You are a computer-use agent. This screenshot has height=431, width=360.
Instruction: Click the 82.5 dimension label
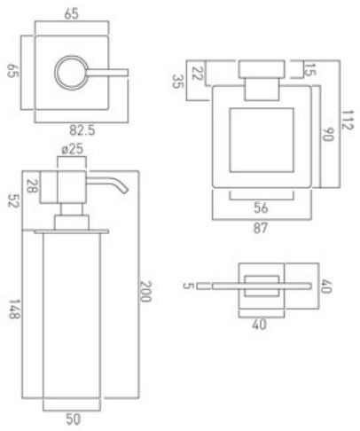click(82, 130)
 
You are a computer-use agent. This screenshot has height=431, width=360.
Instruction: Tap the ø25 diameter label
click(73, 149)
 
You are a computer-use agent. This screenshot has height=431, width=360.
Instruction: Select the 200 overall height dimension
click(145, 291)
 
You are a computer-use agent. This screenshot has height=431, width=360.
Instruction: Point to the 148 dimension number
click(14, 310)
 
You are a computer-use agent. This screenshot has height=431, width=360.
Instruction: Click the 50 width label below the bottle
click(73, 419)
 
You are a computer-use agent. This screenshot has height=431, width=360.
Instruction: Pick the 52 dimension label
click(13, 200)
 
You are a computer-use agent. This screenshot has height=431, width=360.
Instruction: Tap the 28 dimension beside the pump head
click(32, 186)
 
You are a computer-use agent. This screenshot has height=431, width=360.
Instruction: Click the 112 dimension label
click(348, 120)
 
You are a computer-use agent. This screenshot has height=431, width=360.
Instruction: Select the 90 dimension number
click(327, 135)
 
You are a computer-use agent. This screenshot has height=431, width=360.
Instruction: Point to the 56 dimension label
click(261, 208)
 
